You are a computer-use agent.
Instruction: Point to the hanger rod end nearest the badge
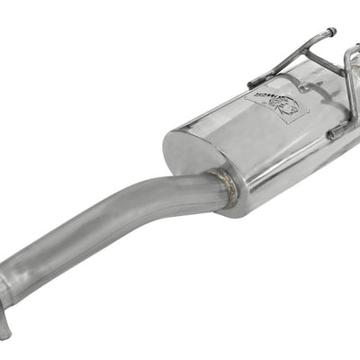pos(251,83)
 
